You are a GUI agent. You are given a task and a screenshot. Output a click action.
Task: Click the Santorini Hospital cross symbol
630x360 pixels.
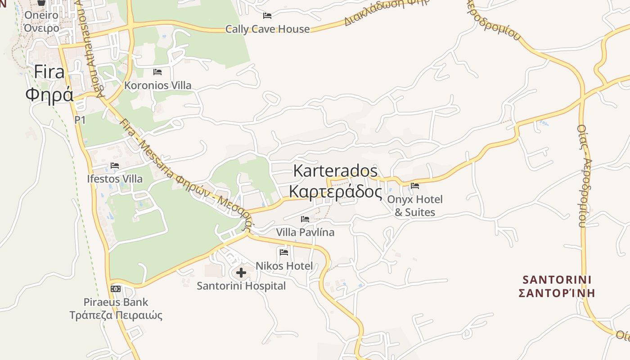click(x=241, y=273)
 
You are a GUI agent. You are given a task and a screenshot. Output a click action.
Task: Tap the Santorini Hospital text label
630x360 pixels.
click(x=241, y=286)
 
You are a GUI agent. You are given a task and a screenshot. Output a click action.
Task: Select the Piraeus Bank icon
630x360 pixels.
click(x=116, y=289)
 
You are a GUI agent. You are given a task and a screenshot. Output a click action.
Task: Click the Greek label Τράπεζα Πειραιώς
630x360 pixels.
click(x=116, y=315)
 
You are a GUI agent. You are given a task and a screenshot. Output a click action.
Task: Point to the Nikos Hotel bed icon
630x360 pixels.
click(x=284, y=252)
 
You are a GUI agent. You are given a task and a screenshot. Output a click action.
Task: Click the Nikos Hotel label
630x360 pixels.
click(x=284, y=266)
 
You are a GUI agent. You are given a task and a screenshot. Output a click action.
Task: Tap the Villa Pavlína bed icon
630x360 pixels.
click(x=305, y=219)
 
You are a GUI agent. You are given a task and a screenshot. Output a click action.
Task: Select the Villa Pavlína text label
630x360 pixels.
click(x=305, y=233)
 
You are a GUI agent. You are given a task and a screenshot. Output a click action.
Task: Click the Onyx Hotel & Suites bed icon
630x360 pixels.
click(x=414, y=186)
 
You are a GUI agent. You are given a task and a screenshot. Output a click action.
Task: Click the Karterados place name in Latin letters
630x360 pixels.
click(x=335, y=171)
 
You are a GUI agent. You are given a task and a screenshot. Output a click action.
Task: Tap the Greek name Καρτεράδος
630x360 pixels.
click(x=335, y=192)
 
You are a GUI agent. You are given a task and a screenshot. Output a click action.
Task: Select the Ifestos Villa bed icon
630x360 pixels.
click(x=115, y=166)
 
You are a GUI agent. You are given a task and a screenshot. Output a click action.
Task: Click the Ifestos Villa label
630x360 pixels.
click(x=115, y=179)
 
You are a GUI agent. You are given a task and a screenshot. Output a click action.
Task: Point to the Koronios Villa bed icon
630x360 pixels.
click(x=157, y=72)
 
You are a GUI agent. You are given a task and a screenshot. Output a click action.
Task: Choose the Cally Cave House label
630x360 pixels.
click(x=267, y=29)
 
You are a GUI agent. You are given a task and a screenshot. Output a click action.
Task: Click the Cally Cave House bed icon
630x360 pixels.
click(x=267, y=16)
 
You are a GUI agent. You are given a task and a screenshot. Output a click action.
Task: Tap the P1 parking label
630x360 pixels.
click(x=80, y=120)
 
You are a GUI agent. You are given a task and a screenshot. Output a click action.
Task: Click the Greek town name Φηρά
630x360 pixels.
click(x=49, y=95)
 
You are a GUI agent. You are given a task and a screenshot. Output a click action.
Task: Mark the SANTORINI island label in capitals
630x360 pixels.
click(x=557, y=279)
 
